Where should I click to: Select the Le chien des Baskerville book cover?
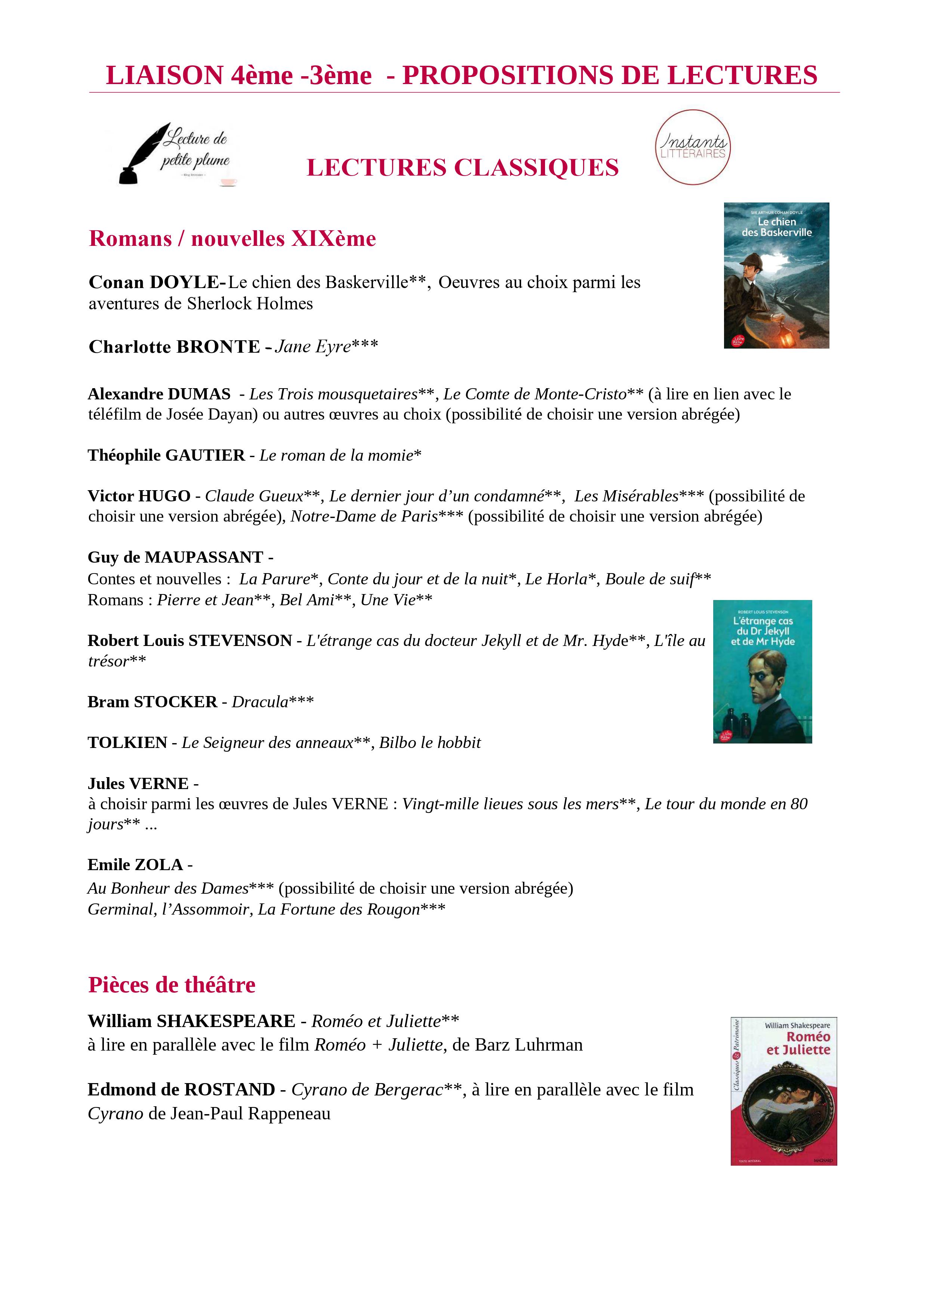tap(776, 275)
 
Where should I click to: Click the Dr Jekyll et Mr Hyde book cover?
tap(763, 671)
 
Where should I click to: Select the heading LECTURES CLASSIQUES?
tap(463, 168)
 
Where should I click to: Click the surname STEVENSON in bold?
tap(240, 641)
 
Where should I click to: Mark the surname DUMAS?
tap(199, 394)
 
